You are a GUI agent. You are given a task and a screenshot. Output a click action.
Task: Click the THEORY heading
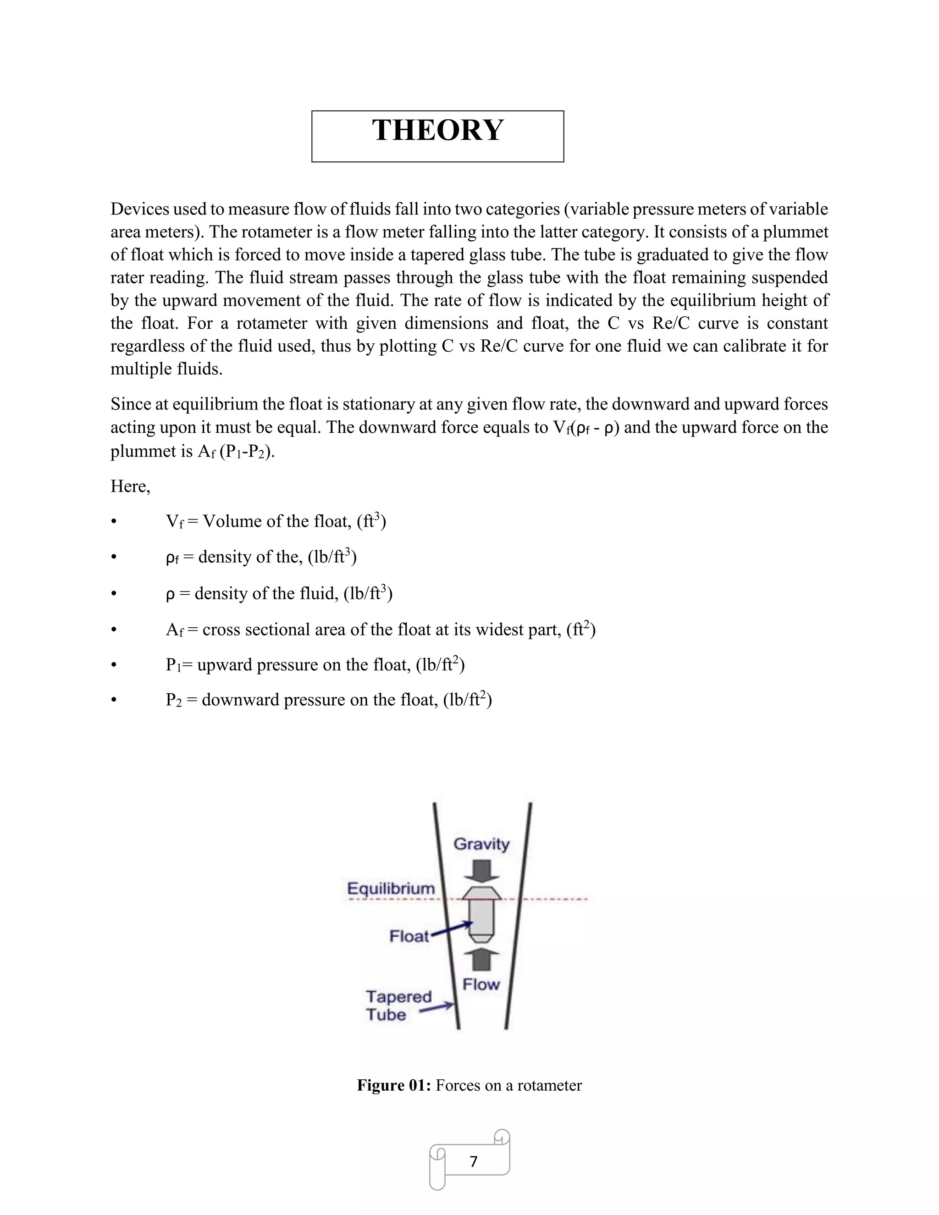coord(438,131)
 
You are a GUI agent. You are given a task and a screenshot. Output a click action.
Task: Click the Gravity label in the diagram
coord(481,844)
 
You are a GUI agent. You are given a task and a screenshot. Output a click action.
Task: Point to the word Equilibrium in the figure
coord(391,889)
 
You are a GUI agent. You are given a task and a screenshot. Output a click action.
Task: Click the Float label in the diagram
coord(409,936)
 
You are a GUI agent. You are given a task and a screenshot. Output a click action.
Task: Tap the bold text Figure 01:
coord(394,1085)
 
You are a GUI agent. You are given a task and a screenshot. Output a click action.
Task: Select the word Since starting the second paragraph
coord(130,404)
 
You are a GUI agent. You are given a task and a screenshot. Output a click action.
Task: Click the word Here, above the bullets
coord(130,486)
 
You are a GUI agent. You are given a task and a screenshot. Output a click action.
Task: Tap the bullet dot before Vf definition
coord(114,522)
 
